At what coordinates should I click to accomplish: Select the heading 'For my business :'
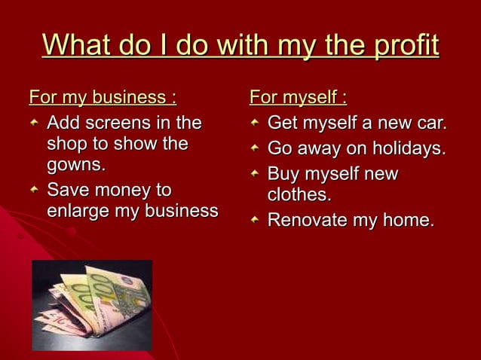pyautogui.click(x=103, y=98)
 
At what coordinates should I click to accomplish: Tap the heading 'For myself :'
pyautogui.click(x=299, y=98)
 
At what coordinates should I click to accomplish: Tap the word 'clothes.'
pyautogui.click(x=299, y=194)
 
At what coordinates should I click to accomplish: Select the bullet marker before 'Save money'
pyautogui.click(x=34, y=191)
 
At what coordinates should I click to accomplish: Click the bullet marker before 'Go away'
pyautogui.click(x=256, y=149)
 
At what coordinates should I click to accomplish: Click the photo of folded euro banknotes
pyautogui.click(x=92, y=305)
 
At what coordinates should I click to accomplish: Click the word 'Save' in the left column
pyautogui.click(x=69, y=190)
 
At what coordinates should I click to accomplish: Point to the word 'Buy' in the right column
pyautogui.click(x=285, y=174)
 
